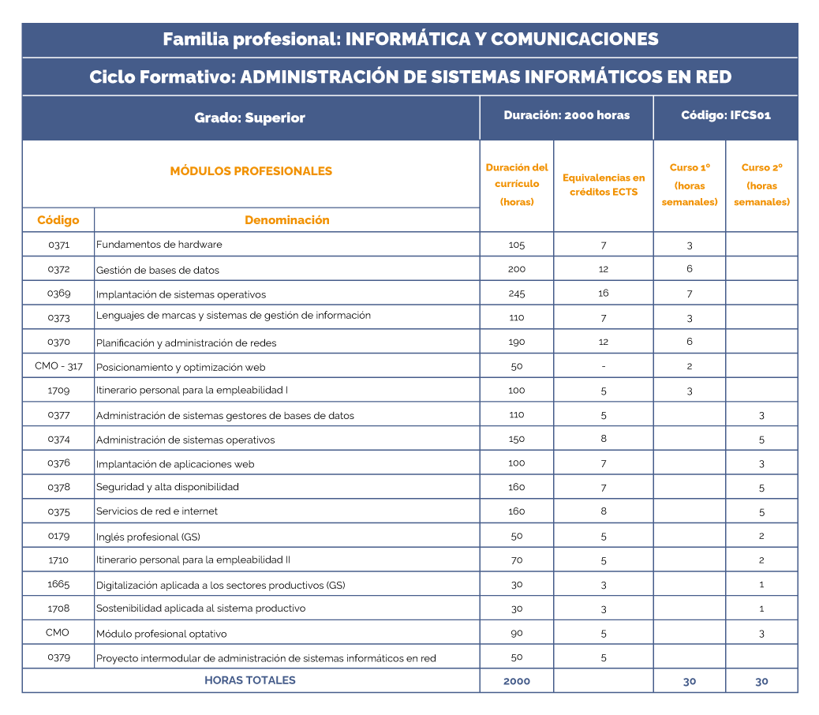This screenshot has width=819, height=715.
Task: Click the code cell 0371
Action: [58, 245]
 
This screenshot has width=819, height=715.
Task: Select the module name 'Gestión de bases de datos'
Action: [158, 270]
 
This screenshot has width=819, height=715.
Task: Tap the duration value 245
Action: [516, 294]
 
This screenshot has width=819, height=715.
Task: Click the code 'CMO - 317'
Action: [58, 366]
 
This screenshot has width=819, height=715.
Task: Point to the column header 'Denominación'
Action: [286, 220]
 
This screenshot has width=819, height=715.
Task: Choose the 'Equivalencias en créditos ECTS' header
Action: [604, 185]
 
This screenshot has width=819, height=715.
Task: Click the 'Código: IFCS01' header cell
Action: [725, 116]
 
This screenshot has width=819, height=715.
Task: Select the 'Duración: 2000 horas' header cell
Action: [567, 116]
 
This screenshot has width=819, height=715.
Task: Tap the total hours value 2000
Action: [516, 681]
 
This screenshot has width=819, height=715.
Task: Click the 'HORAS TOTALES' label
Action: [250, 680]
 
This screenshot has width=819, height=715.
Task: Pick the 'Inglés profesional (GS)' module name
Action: [148, 537]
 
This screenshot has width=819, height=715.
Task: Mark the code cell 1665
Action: [58, 584]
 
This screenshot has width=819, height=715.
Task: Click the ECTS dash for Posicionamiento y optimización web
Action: [604, 366]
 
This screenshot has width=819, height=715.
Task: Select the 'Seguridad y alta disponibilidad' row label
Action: [167, 487]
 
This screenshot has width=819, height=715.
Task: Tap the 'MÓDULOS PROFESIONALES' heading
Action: [251, 171]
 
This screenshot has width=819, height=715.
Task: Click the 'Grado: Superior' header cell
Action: [249, 118]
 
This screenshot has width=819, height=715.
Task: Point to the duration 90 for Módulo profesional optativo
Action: [516, 633]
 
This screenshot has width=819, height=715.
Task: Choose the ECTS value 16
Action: [604, 294]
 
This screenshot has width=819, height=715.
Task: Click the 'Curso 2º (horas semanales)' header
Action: [761, 185]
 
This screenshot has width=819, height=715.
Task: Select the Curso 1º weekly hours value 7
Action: [689, 294]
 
